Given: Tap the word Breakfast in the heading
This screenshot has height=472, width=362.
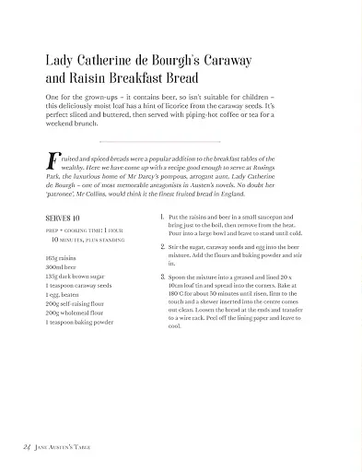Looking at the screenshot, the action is [x=160, y=79].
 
